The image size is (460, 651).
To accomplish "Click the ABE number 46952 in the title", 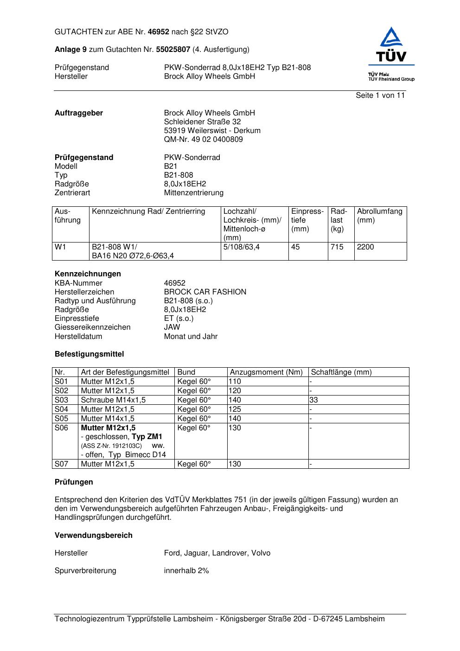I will tap(159, 32).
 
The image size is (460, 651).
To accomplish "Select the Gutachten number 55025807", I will tap(173, 49).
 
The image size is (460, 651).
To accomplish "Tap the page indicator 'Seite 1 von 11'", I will tap(380, 95).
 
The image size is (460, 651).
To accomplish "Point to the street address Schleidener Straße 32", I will tap(202, 121).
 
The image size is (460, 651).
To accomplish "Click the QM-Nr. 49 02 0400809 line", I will tap(203, 139).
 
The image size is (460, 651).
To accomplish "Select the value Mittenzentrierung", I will tap(193, 192).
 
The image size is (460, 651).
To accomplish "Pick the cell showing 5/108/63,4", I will tap(241, 247).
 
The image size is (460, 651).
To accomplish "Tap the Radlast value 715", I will tap(337, 247).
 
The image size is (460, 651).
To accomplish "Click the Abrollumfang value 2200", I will tap(365, 247).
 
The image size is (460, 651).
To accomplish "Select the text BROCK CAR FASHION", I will tap(205, 292).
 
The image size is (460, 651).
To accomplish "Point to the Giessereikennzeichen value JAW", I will tap(172, 327).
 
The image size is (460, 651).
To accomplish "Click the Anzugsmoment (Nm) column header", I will tap(266, 372).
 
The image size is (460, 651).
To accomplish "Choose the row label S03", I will tap(61, 400).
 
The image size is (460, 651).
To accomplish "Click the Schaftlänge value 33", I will tap(314, 400).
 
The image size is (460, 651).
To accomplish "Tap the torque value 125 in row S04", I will tap(235, 409).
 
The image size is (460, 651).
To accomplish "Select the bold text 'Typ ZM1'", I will tap(147, 437).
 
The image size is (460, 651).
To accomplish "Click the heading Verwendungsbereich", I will tap(93, 535).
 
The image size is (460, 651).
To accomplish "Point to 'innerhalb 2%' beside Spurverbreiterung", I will tap(186, 570).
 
